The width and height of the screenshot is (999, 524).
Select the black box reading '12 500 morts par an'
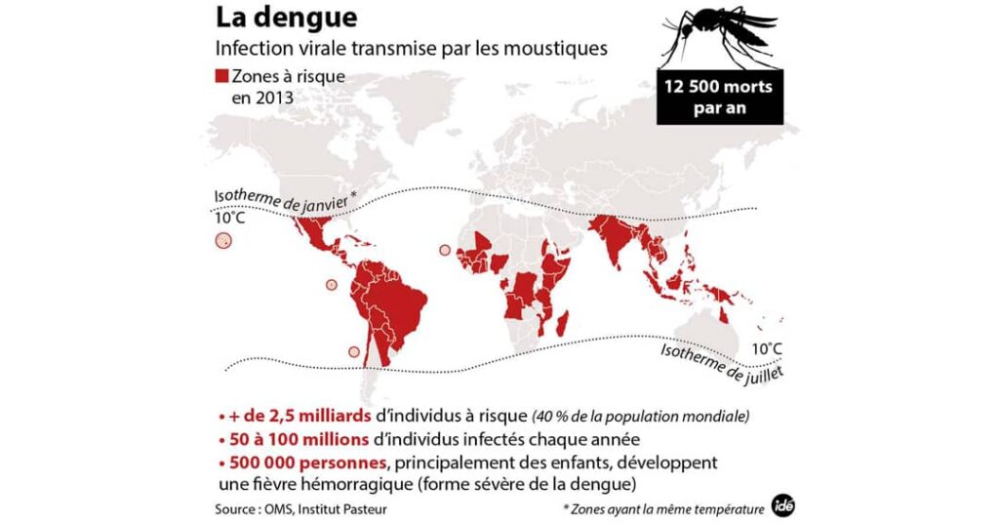719,97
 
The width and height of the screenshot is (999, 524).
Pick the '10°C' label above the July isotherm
766,348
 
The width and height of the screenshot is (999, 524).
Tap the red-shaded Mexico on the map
312,233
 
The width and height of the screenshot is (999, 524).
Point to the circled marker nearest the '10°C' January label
224,241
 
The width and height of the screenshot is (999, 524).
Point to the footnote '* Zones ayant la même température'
664,508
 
